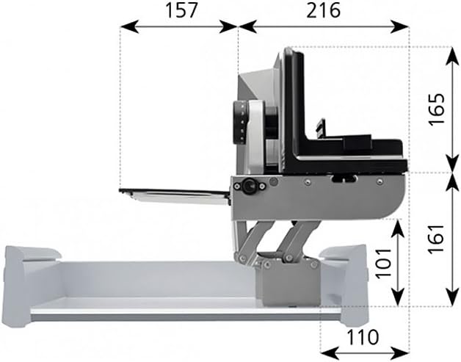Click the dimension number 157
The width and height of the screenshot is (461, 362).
[x=181, y=10]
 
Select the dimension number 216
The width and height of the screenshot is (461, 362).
[x=323, y=10]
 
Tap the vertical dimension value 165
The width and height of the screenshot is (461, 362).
[x=437, y=109]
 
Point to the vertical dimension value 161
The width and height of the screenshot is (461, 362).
[x=436, y=239]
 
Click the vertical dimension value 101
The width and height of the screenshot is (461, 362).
[x=384, y=263]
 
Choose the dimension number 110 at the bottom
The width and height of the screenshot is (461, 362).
[x=363, y=337]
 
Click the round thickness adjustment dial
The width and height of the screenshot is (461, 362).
[x=240, y=123]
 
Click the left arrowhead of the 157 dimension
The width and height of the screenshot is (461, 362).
[x=129, y=26]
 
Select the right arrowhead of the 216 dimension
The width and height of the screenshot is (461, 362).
[x=400, y=26]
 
